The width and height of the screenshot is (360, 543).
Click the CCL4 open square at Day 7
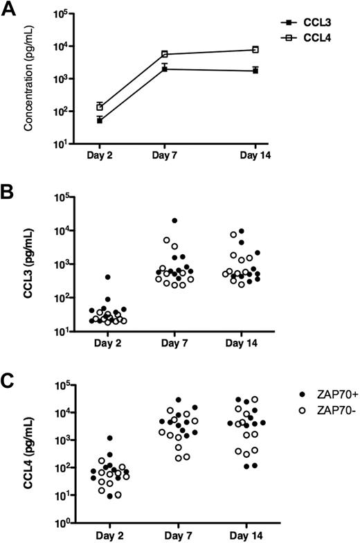(165, 54)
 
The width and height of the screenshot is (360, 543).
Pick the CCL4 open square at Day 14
(255, 50)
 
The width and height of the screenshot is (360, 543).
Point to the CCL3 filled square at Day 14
(255, 71)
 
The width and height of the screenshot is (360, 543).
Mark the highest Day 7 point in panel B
(175, 221)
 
